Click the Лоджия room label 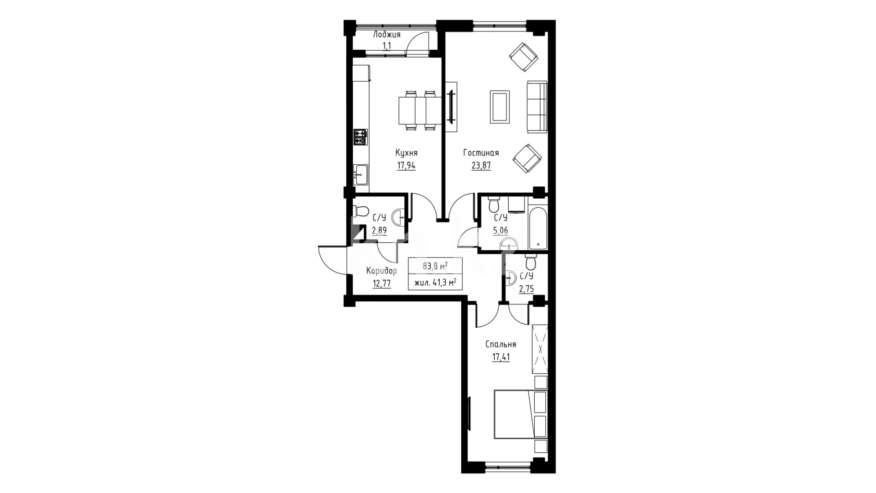[387, 35]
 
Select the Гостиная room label [481, 153]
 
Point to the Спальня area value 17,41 [501, 357]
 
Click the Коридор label [381, 271]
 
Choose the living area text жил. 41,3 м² [435, 283]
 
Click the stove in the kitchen [360, 136]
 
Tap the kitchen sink [360, 174]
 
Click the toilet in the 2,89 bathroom [361, 212]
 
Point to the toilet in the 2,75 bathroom [530, 262]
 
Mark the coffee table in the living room [500, 106]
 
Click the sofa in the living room [537, 107]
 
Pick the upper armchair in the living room [523, 57]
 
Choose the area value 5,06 [500, 231]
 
